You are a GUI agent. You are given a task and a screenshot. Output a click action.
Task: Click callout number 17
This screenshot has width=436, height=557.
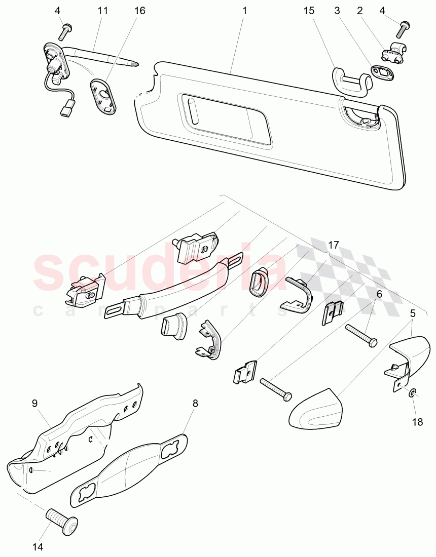(x=333, y=245)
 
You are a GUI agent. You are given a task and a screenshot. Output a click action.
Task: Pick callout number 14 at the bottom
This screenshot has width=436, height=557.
(x=38, y=547)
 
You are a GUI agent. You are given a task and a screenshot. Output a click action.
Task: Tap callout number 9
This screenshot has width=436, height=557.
(x=34, y=404)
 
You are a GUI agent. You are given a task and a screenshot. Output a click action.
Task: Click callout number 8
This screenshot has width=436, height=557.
(x=195, y=404)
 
